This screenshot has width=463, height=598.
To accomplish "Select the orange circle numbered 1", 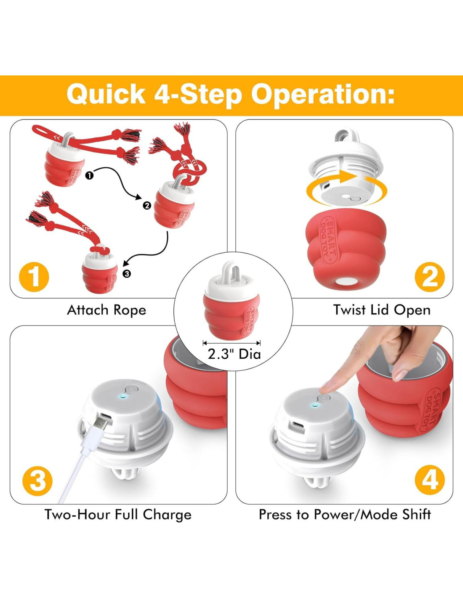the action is pyautogui.click(x=34, y=276).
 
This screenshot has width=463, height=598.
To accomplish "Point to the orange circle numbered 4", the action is pyautogui.click(x=429, y=481).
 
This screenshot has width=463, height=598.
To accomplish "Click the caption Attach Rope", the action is pyautogui.click(x=106, y=310).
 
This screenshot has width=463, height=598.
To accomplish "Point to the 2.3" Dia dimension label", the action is pyautogui.click(x=234, y=355).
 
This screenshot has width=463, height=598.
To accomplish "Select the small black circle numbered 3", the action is pyautogui.click(x=126, y=273).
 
